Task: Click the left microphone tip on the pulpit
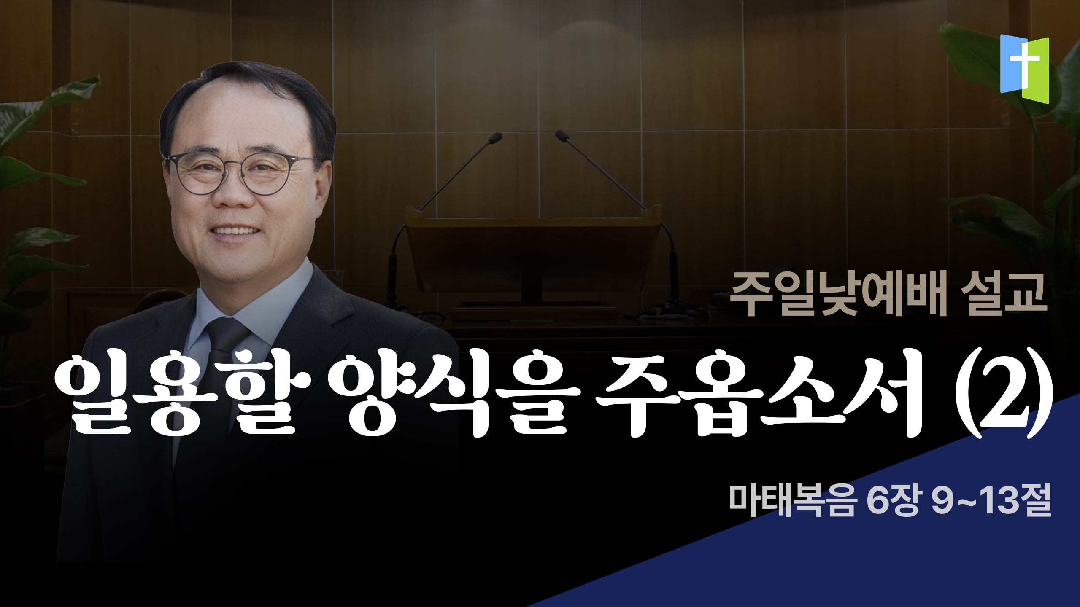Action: coord(496,137)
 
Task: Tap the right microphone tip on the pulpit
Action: coord(562,135)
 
